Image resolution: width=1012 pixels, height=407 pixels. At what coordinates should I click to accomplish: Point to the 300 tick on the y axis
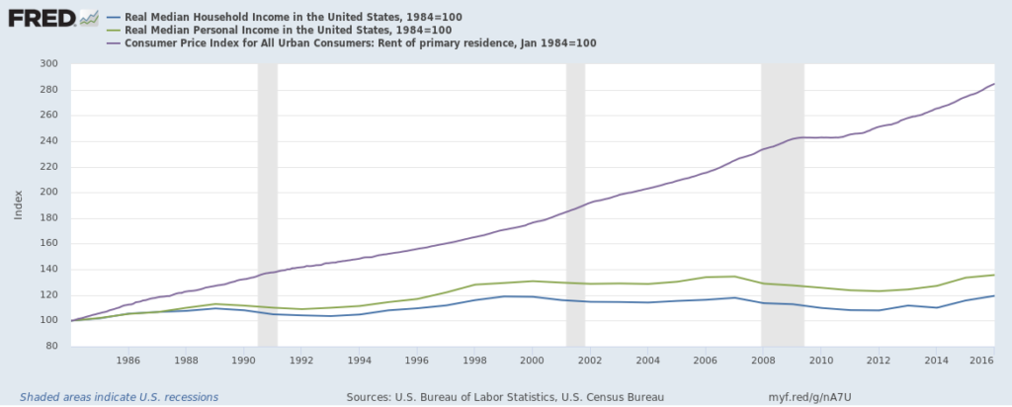click(x=49, y=64)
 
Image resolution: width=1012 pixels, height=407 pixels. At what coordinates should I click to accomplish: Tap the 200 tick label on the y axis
click(x=49, y=193)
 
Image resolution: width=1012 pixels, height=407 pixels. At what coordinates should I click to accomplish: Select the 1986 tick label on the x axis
click(x=127, y=362)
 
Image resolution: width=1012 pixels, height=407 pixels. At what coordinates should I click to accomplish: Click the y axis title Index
click(x=17, y=205)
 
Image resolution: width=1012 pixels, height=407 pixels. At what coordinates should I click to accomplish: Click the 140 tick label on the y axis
click(x=49, y=269)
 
